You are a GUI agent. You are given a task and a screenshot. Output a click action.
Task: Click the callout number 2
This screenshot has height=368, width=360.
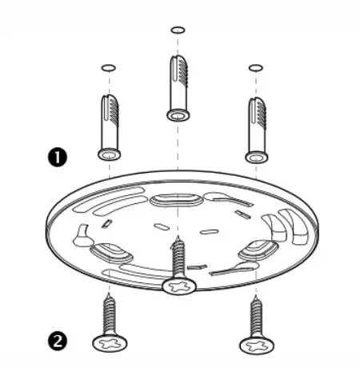(56, 341)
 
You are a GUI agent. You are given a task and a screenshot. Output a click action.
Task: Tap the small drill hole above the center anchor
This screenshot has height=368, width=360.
(178, 30)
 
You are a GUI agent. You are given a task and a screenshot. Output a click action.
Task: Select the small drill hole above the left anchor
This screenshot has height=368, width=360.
(110, 67)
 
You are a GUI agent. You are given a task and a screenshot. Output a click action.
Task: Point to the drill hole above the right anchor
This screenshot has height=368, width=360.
(255, 67)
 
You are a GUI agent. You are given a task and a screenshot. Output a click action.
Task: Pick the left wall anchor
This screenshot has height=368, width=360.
(110, 124)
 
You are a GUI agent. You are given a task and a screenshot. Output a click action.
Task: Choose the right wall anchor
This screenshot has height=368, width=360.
(255, 124)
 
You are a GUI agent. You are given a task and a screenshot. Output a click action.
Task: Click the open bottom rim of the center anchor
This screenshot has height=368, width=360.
(178, 114)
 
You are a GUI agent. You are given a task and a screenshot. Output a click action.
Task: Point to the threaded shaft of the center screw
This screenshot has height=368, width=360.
(178, 256)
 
